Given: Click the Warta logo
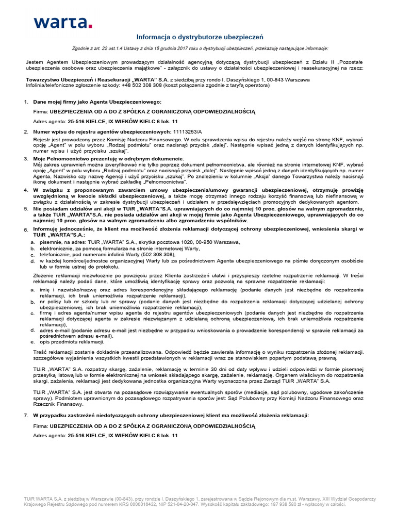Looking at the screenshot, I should (62, 22).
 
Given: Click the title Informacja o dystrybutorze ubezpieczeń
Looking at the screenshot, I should (200, 37).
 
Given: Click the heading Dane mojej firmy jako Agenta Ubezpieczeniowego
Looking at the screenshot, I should (97, 102).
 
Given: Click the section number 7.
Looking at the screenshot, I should (26, 415).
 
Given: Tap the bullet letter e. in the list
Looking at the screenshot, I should (33, 341).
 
